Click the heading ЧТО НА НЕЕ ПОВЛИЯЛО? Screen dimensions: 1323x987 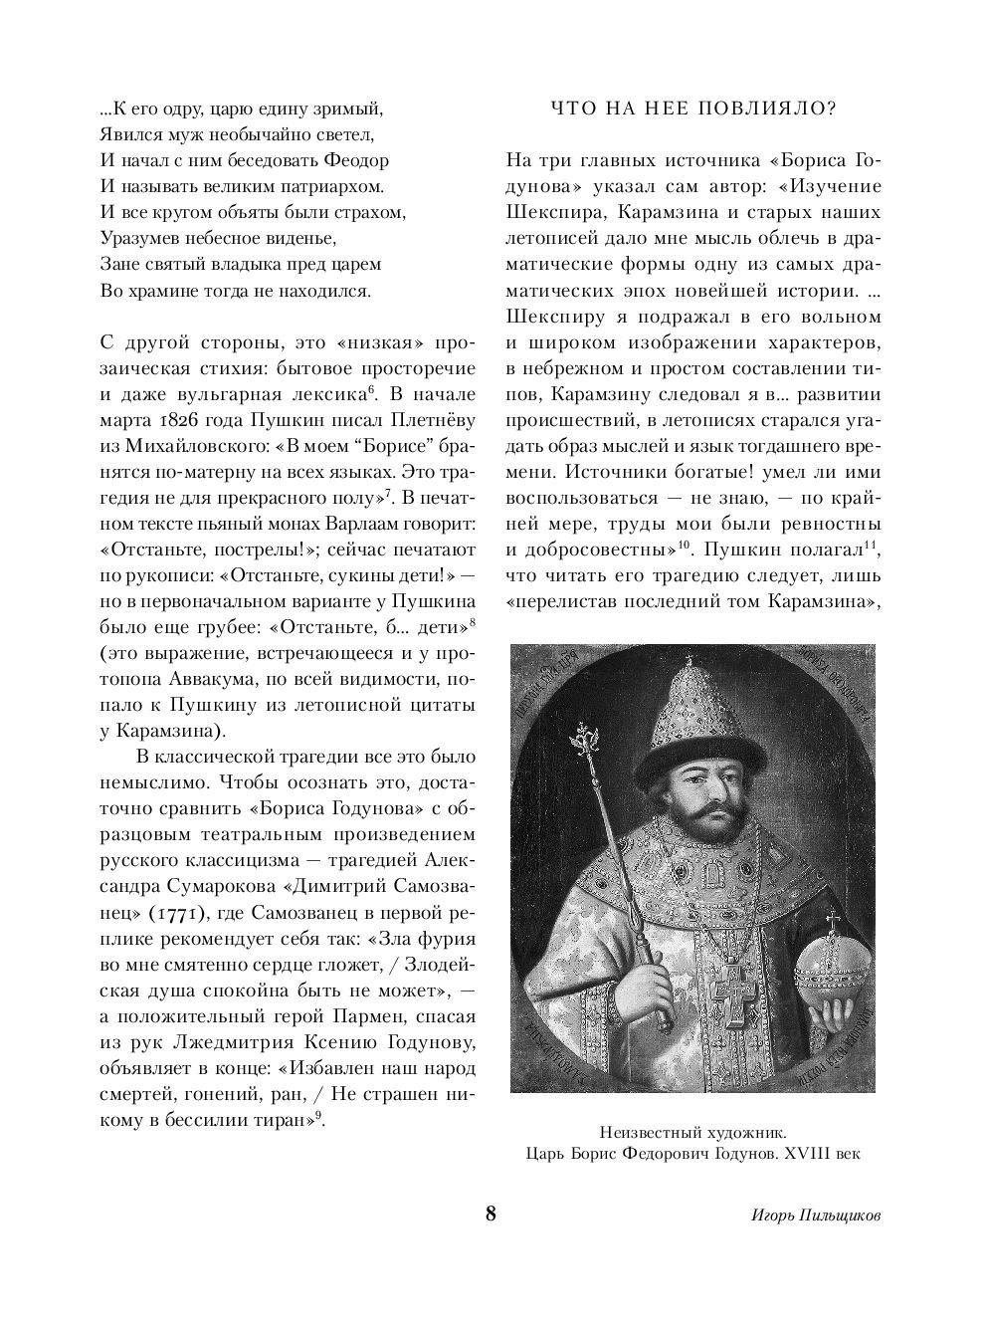tap(693, 109)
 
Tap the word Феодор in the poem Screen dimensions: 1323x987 tap(355, 160)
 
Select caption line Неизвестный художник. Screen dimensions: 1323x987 tap(692, 1132)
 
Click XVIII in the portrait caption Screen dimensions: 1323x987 tap(808, 1155)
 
